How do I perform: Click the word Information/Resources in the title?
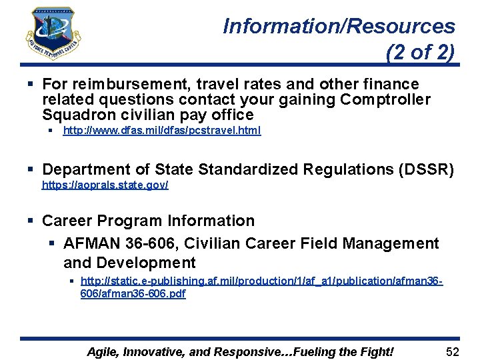point(339,27)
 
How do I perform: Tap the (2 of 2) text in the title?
point(420,53)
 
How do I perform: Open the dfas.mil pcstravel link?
point(161,131)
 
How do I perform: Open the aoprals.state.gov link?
point(105,185)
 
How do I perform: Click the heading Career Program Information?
point(148,221)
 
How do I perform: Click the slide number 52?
point(453,351)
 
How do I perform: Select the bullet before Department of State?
point(31,170)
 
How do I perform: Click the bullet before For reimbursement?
point(31,84)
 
